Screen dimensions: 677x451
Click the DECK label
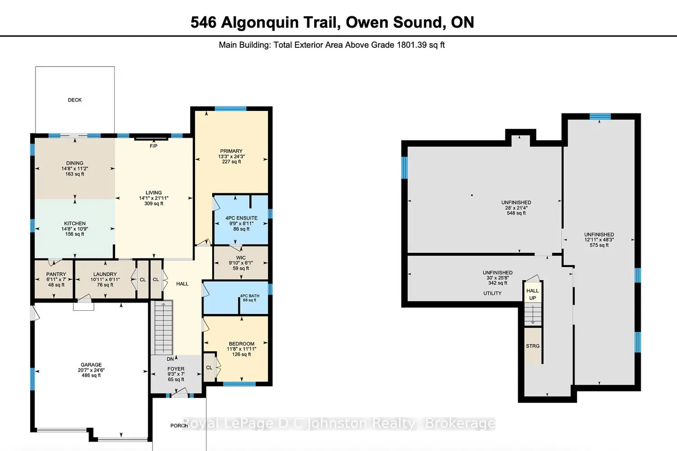[74, 100]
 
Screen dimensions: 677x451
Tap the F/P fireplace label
[153, 146]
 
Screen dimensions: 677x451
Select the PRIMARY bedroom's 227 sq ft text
[232, 161]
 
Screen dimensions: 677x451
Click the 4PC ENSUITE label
[241, 218]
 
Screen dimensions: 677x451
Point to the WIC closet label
[241, 258]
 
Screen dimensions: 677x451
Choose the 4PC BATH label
[250, 296]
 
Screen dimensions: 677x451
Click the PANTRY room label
[56, 274]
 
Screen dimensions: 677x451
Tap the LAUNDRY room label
[105, 274]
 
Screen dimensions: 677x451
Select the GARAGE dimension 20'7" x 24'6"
[91, 370]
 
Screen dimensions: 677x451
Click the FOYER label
[176, 369]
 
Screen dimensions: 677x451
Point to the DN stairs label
[170, 359]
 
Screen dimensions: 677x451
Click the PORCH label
[179, 426]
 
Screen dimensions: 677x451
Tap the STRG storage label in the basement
[533, 346]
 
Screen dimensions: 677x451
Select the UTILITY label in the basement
[492, 293]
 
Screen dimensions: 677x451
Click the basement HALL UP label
[533, 295]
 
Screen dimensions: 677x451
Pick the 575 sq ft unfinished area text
[599, 245]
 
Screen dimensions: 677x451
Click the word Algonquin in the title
[260, 23]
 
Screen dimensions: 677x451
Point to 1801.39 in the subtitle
[412, 45]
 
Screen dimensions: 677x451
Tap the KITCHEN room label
[74, 224]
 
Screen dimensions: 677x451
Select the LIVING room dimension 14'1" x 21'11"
[154, 198]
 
